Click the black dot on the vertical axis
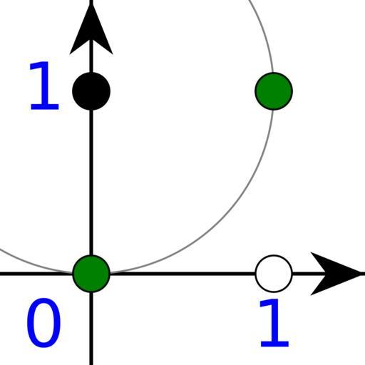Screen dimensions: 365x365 point(91,91)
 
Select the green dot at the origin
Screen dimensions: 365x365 point(91,274)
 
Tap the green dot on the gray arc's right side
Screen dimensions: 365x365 point(274,91)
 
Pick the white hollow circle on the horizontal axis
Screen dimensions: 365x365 point(274,274)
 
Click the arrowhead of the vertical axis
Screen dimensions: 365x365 point(91,29)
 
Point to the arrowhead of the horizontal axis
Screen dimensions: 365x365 point(337,274)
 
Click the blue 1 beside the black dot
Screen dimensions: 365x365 point(44,86)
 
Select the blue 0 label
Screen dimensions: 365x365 point(43,323)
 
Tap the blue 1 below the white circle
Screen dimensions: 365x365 point(274,323)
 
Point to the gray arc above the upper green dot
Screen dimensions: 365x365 point(264,36)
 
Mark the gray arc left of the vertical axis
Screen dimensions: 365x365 point(36,264)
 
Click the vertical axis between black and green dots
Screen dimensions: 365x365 point(91,182)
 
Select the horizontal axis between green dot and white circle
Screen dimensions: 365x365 point(182,274)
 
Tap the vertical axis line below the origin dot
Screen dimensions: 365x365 point(91,329)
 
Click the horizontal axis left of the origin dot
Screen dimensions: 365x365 point(36,274)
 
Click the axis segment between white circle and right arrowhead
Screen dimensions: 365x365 point(309,274)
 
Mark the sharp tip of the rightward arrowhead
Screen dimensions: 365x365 point(364,274)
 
